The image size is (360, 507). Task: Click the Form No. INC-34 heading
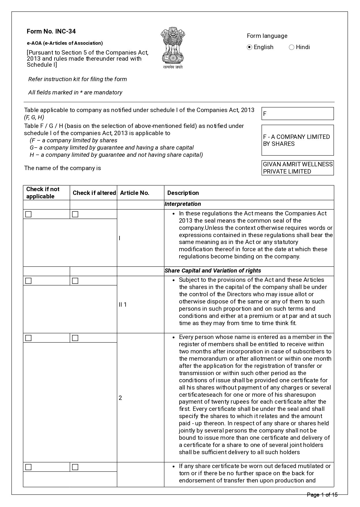tap(51, 31)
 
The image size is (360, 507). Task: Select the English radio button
tap(250, 47)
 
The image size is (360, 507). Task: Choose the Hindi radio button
tap(292, 47)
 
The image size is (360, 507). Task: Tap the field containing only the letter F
tap(297, 114)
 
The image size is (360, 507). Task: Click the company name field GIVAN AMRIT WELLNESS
tap(297, 168)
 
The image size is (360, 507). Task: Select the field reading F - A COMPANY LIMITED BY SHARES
tap(297, 140)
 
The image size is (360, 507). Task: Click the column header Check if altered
tap(94, 193)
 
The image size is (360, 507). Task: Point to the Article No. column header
tap(135, 193)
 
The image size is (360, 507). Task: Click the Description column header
tap(183, 193)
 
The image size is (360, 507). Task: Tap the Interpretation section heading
tap(183, 204)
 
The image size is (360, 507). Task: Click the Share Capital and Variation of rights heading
tap(213, 271)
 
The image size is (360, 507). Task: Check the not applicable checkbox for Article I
tap(28, 214)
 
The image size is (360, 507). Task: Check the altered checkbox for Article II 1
tap(75, 281)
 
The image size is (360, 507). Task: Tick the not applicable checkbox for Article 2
tap(28, 338)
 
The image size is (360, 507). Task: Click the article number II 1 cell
tap(123, 305)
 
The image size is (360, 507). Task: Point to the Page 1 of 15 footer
tap(322, 495)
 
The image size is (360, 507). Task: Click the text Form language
tap(267, 36)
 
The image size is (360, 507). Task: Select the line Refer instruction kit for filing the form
tap(77, 79)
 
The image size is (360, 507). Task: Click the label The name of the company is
tap(63, 168)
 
